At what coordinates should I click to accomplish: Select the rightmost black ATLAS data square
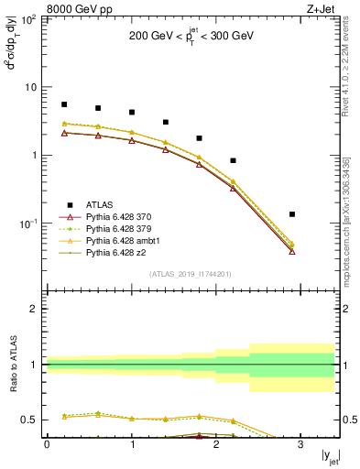(x=292, y=214)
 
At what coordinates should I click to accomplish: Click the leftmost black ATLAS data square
(x=63, y=104)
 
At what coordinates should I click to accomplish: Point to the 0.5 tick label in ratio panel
(x=29, y=420)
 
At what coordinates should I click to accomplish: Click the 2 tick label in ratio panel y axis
(x=33, y=310)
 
